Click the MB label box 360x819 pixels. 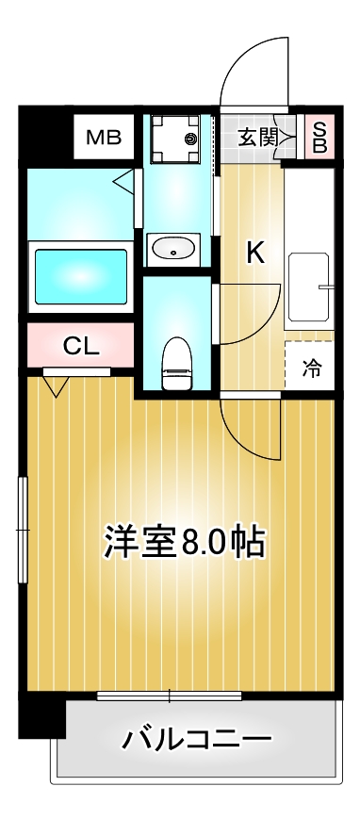pos(104,139)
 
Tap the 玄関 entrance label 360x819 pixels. pos(256,138)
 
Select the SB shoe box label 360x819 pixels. pos(319,138)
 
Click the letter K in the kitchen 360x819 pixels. pos(255,252)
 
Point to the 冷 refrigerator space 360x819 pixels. pos(310,369)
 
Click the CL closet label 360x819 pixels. pos(80,346)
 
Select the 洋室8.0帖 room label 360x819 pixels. pos(183,542)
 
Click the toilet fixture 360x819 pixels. pos(176,363)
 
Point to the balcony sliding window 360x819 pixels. pos(170,696)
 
